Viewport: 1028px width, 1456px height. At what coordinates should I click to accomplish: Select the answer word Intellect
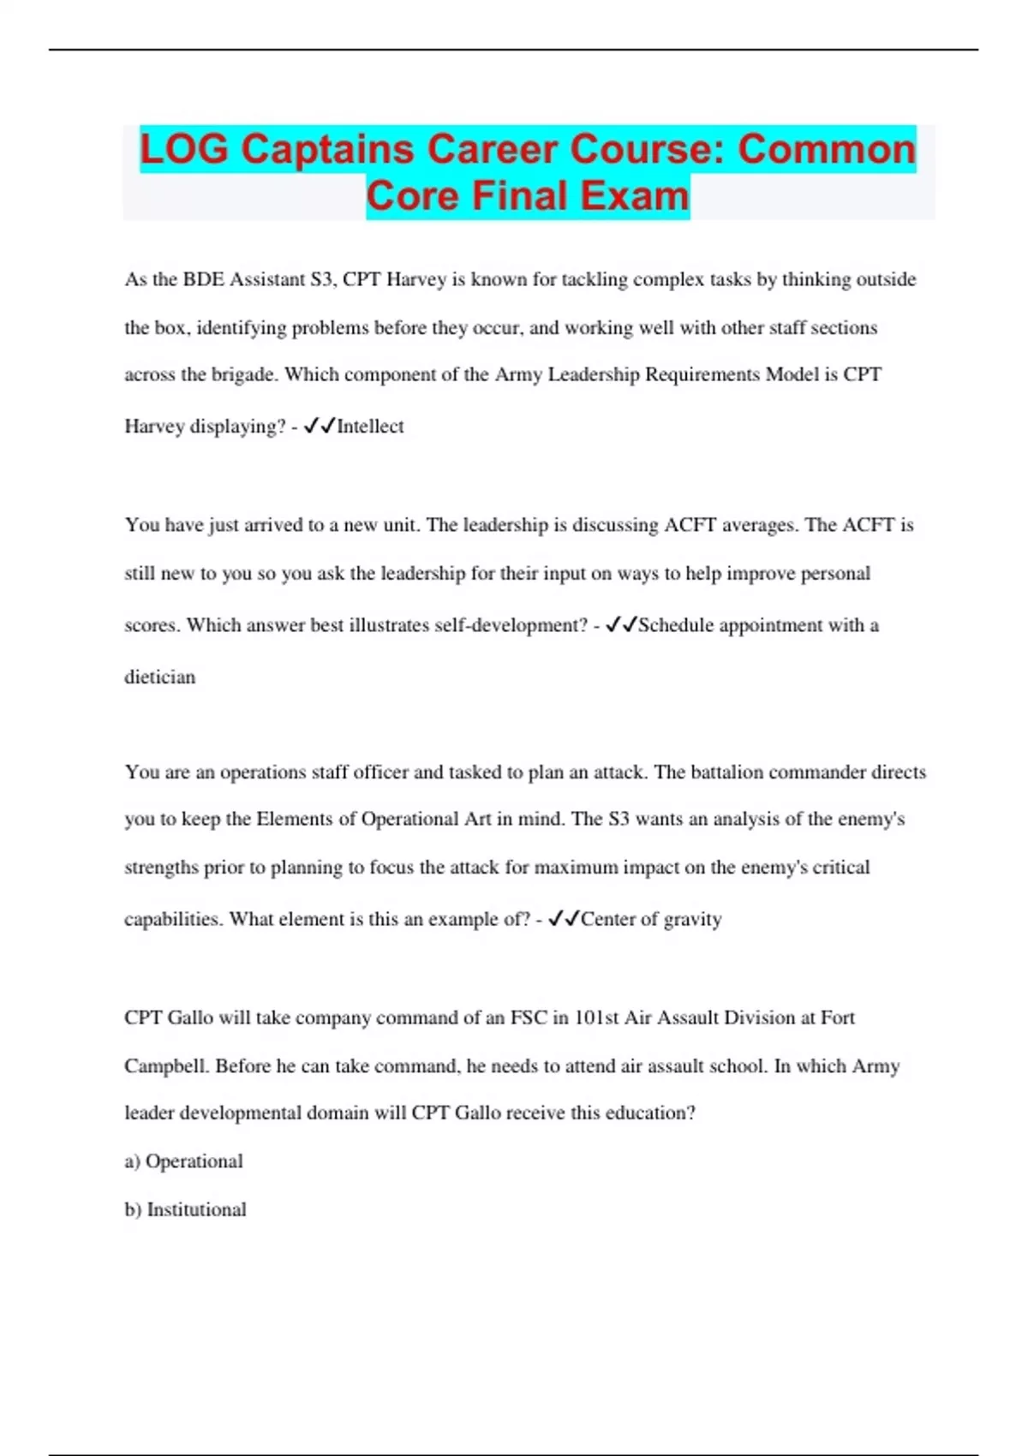point(370,427)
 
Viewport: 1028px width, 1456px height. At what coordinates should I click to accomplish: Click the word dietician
point(160,677)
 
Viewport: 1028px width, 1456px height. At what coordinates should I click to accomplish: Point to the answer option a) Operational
point(183,1161)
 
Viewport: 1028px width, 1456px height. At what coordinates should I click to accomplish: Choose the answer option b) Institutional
point(185,1209)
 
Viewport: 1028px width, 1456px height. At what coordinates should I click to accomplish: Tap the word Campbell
point(166,1066)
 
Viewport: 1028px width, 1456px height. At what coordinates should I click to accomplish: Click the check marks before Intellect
point(319,426)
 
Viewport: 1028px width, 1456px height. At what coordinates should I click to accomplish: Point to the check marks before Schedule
point(620,625)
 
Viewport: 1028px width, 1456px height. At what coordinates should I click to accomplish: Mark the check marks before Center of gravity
point(563,919)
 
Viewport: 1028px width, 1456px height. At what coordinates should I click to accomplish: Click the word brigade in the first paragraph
point(242,375)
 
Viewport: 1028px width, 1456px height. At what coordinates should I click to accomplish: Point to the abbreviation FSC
point(529,1017)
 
